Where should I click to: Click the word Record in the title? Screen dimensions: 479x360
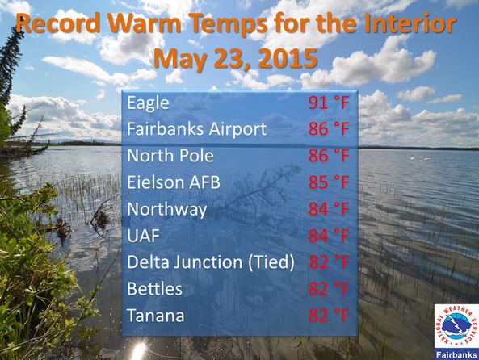tap(58, 23)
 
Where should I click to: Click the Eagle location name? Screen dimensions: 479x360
tap(148, 103)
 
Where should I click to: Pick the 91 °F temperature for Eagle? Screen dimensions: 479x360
tap(329, 103)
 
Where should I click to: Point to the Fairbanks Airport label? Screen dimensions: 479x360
tap(197, 129)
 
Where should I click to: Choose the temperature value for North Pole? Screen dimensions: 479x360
tap(329, 156)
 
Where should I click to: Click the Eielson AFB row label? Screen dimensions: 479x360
tap(173, 182)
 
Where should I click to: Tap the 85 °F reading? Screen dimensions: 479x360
tap(329, 182)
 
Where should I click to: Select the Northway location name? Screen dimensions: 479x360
tap(166, 210)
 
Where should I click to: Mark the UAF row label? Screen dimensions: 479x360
tap(143, 236)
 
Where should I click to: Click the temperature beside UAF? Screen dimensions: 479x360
tap(329, 236)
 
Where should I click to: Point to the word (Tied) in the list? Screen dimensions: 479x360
tap(271, 262)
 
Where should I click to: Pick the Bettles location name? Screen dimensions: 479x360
tap(154, 289)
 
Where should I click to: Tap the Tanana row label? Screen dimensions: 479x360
tap(155, 316)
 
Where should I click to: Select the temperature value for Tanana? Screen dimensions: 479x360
tap(329, 315)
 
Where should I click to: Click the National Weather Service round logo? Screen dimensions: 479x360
tap(456, 326)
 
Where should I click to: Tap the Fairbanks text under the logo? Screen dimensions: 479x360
tap(456, 355)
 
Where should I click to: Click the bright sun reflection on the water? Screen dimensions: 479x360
tap(138, 351)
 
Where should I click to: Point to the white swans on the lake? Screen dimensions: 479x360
tap(420, 157)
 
